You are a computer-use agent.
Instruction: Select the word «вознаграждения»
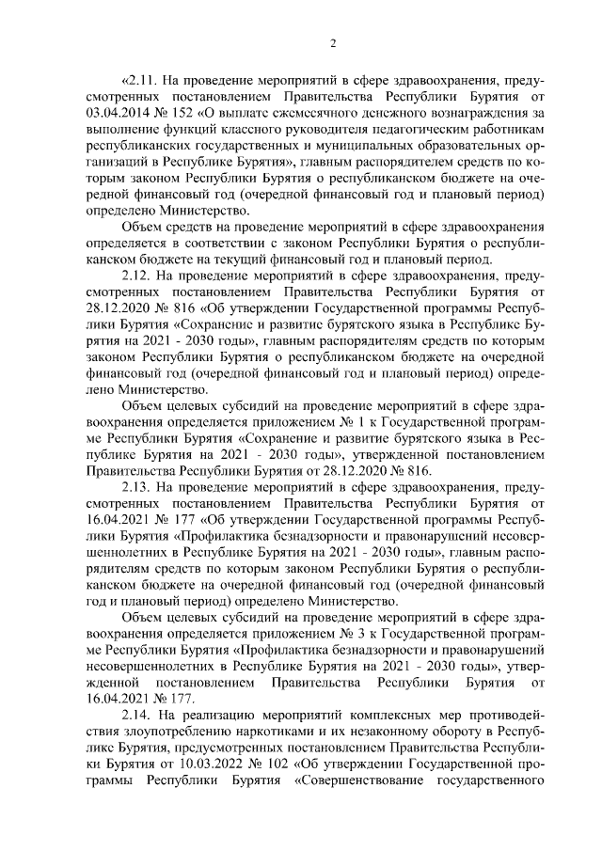(476, 114)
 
